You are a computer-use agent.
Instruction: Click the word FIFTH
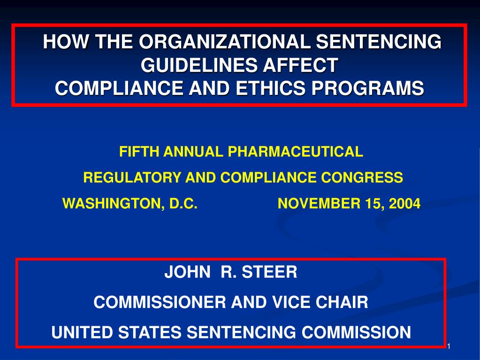[x=133, y=152]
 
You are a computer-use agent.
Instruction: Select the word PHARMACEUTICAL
[x=295, y=152]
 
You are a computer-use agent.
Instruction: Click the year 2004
[x=405, y=204]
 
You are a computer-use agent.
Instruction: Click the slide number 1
[x=449, y=346]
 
